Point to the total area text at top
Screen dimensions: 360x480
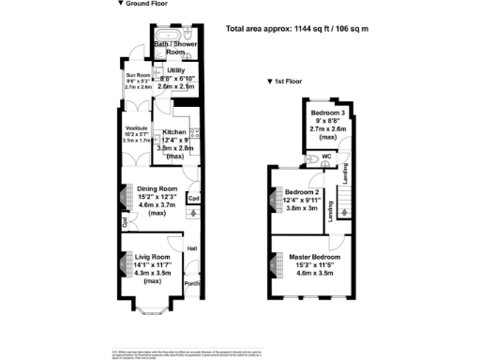point(298,28)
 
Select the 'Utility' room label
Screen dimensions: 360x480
point(175,70)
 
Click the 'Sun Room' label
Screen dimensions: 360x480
point(138,75)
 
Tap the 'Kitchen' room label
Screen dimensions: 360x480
point(175,132)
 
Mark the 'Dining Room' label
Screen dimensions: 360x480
point(157,188)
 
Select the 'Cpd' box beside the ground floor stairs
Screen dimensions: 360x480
point(193,198)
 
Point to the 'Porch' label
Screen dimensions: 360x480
point(192,283)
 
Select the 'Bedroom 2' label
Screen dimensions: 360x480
point(303,192)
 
